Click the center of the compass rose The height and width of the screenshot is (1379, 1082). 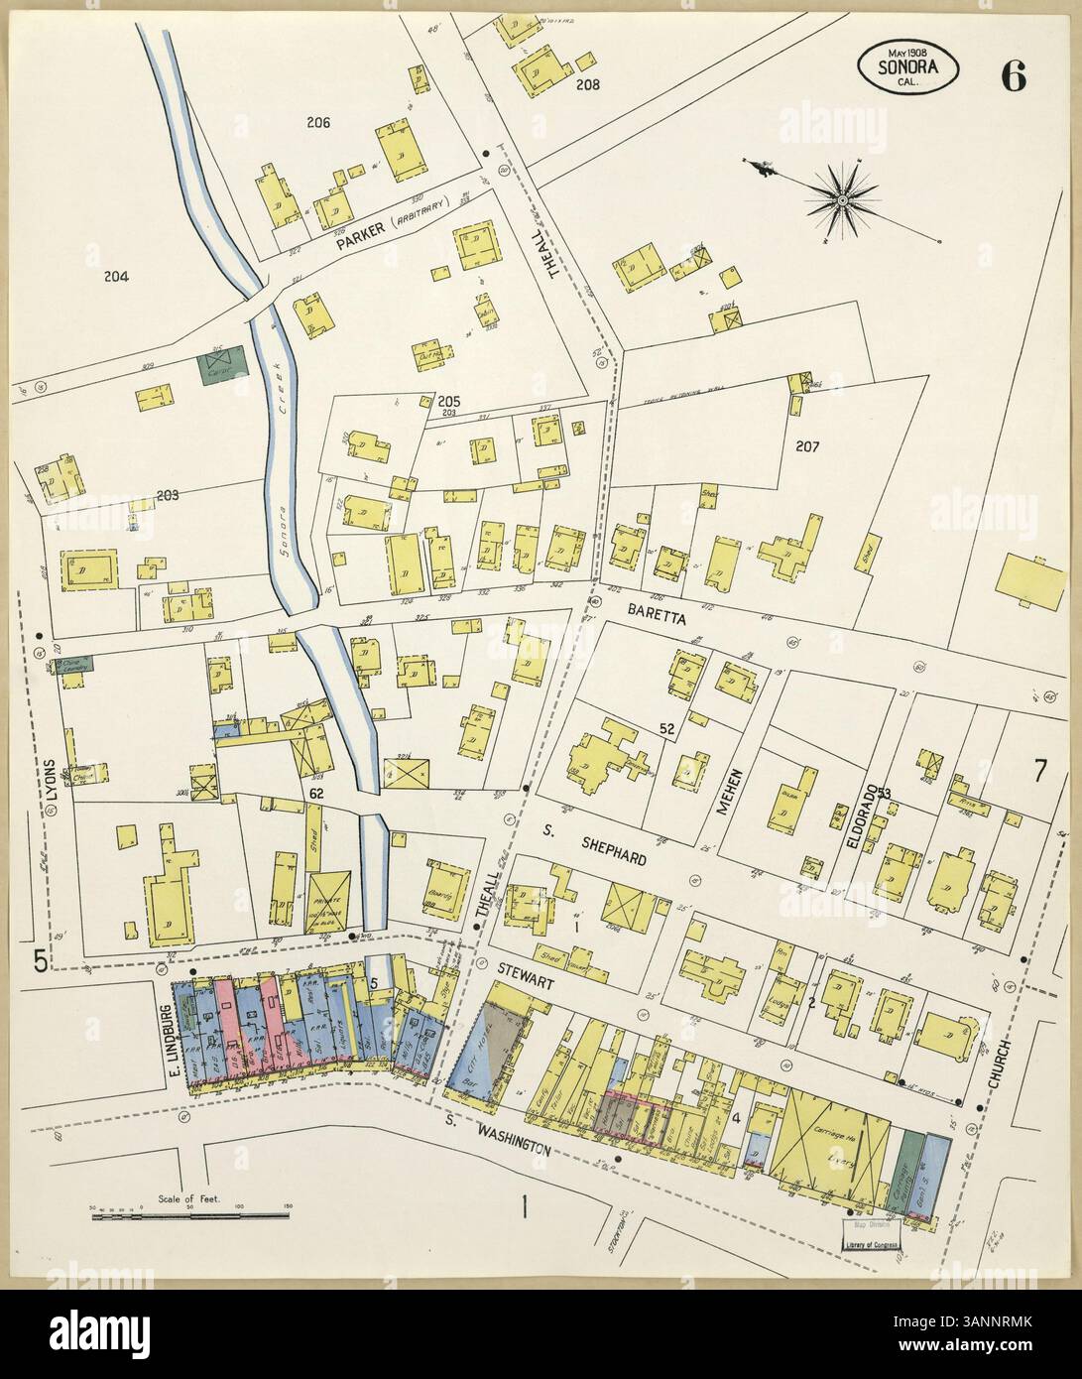[842, 201]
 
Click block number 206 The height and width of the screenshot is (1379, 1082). [317, 124]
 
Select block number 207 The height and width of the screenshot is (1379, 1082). [806, 446]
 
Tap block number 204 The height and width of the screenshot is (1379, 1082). [116, 278]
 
